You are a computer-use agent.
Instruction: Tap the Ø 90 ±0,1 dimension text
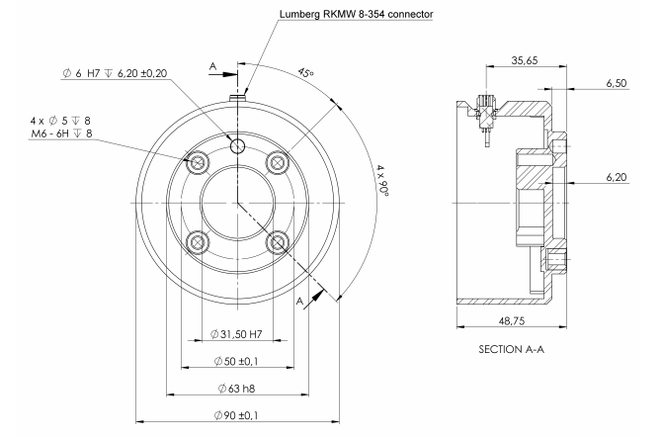(x=238, y=414)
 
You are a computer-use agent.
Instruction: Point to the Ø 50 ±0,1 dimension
(x=238, y=358)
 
